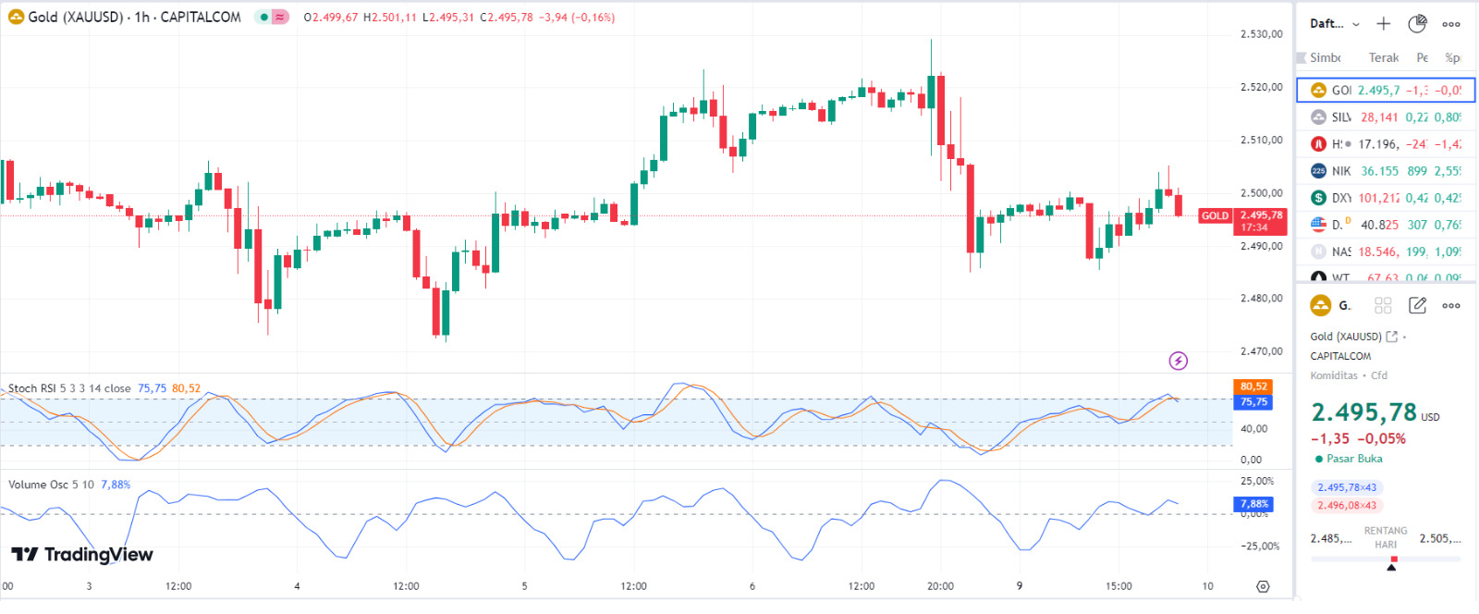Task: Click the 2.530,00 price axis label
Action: pyautogui.click(x=1261, y=34)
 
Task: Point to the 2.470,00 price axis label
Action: pyautogui.click(x=1261, y=351)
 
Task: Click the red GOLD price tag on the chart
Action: pyautogui.click(x=1215, y=216)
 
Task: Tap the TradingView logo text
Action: pyautogui.click(x=82, y=555)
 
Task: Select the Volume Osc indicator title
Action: pyautogui.click(x=51, y=485)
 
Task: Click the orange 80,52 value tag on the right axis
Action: pyautogui.click(x=1253, y=387)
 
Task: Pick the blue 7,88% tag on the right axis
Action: pyautogui.click(x=1253, y=504)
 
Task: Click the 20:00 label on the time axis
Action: pyautogui.click(x=940, y=586)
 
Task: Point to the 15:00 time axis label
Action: pyautogui.click(x=1118, y=586)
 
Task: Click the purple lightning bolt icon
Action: pyautogui.click(x=1179, y=361)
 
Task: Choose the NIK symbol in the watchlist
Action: pyautogui.click(x=1340, y=171)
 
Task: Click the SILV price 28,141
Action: pyautogui.click(x=1379, y=117)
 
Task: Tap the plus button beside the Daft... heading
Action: pyautogui.click(x=1383, y=24)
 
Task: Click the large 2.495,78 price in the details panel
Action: pyautogui.click(x=1363, y=412)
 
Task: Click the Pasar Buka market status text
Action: pyautogui.click(x=1354, y=459)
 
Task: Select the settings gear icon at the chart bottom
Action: pyautogui.click(x=1263, y=586)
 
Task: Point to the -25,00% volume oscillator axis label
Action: pyautogui.click(x=1259, y=546)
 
